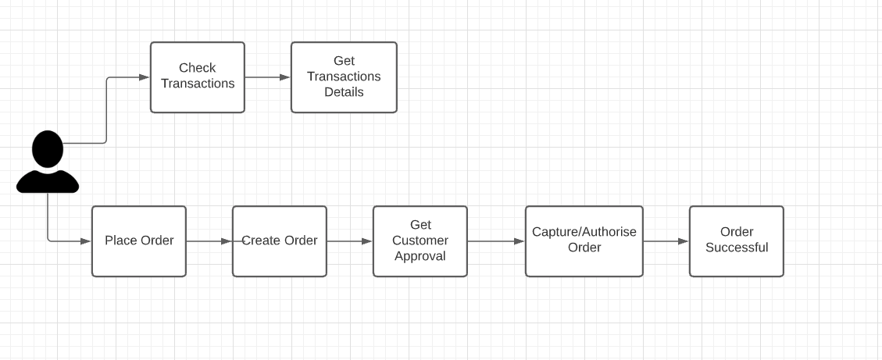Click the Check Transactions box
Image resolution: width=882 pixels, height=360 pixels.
tap(197, 77)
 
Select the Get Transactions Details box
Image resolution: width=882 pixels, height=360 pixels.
tap(344, 77)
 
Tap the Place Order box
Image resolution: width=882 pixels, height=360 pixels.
tap(139, 241)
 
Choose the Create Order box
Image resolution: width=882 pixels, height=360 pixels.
tap(280, 241)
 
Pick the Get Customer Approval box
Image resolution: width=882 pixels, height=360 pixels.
tap(420, 241)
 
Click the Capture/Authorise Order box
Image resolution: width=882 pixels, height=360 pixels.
tap(584, 241)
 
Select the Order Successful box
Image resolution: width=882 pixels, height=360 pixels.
tap(737, 241)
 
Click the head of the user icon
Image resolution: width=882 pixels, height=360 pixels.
tap(48, 148)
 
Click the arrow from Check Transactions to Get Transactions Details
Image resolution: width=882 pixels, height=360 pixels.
tap(267, 77)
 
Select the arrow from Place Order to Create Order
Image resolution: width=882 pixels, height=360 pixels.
tap(209, 241)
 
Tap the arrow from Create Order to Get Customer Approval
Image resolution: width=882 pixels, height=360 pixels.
tap(349, 241)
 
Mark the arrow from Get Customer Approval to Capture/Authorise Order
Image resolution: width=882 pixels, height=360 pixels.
tap(495, 241)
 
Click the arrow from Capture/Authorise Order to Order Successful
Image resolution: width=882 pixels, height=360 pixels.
tap(666, 241)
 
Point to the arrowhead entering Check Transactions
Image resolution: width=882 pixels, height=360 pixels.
tap(144, 77)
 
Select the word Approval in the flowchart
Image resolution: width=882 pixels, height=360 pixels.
tap(420, 256)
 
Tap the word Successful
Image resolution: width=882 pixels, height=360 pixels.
tap(737, 248)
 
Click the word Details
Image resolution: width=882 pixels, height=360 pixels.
tap(344, 92)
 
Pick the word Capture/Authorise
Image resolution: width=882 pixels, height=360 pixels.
tap(584, 232)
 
